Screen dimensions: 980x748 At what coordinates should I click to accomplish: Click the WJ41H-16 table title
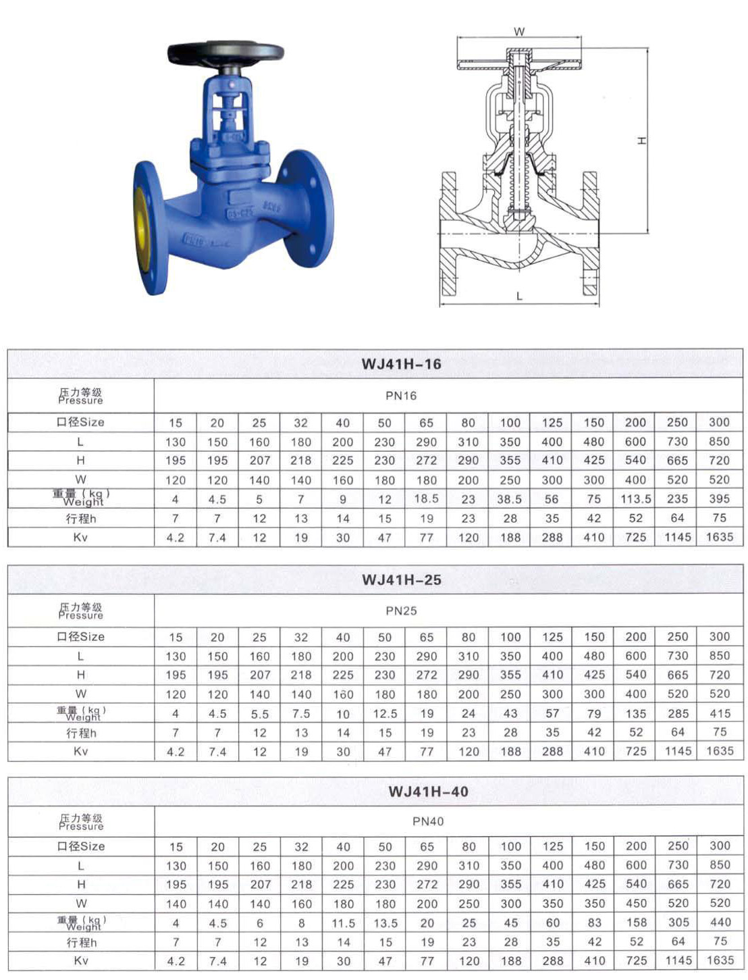click(x=401, y=364)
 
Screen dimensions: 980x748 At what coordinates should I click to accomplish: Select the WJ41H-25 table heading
click(x=401, y=579)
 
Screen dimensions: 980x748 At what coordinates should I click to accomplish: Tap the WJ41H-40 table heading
click(x=428, y=792)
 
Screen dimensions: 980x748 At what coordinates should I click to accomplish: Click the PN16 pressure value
click(x=401, y=396)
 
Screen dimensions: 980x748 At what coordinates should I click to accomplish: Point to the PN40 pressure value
click(x=428, y=822)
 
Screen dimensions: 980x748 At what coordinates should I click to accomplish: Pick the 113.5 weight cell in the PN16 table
click(x=635, y=499)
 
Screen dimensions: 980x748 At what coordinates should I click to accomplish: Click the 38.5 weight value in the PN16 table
click(x=510, y=499)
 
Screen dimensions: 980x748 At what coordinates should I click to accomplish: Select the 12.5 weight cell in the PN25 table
click(x=385, y=714)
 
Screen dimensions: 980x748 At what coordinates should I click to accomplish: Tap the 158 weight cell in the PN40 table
click(x=636, y=923)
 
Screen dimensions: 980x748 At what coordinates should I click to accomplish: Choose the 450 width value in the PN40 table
click(x=636, y=904)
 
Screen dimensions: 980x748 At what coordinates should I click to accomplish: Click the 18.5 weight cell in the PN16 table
click(x=426, y=499)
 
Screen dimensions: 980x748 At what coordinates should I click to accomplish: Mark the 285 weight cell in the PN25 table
click(x=678, y=714)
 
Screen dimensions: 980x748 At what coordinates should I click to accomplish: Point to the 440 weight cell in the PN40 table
click(x=720, y=923)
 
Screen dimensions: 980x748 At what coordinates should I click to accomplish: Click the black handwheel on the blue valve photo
click(x=225, y=53)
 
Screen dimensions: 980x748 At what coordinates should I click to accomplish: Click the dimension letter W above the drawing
click(x=519, y=32)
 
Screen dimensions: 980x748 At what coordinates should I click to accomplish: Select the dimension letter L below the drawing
click(x=519, y=296)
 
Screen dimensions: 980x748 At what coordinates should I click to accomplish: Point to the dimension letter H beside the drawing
click(x=642, y=140)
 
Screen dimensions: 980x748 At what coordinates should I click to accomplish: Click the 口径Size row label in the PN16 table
click(x=80, y=422)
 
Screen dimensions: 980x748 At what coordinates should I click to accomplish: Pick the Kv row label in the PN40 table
click(x=81, y=960)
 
